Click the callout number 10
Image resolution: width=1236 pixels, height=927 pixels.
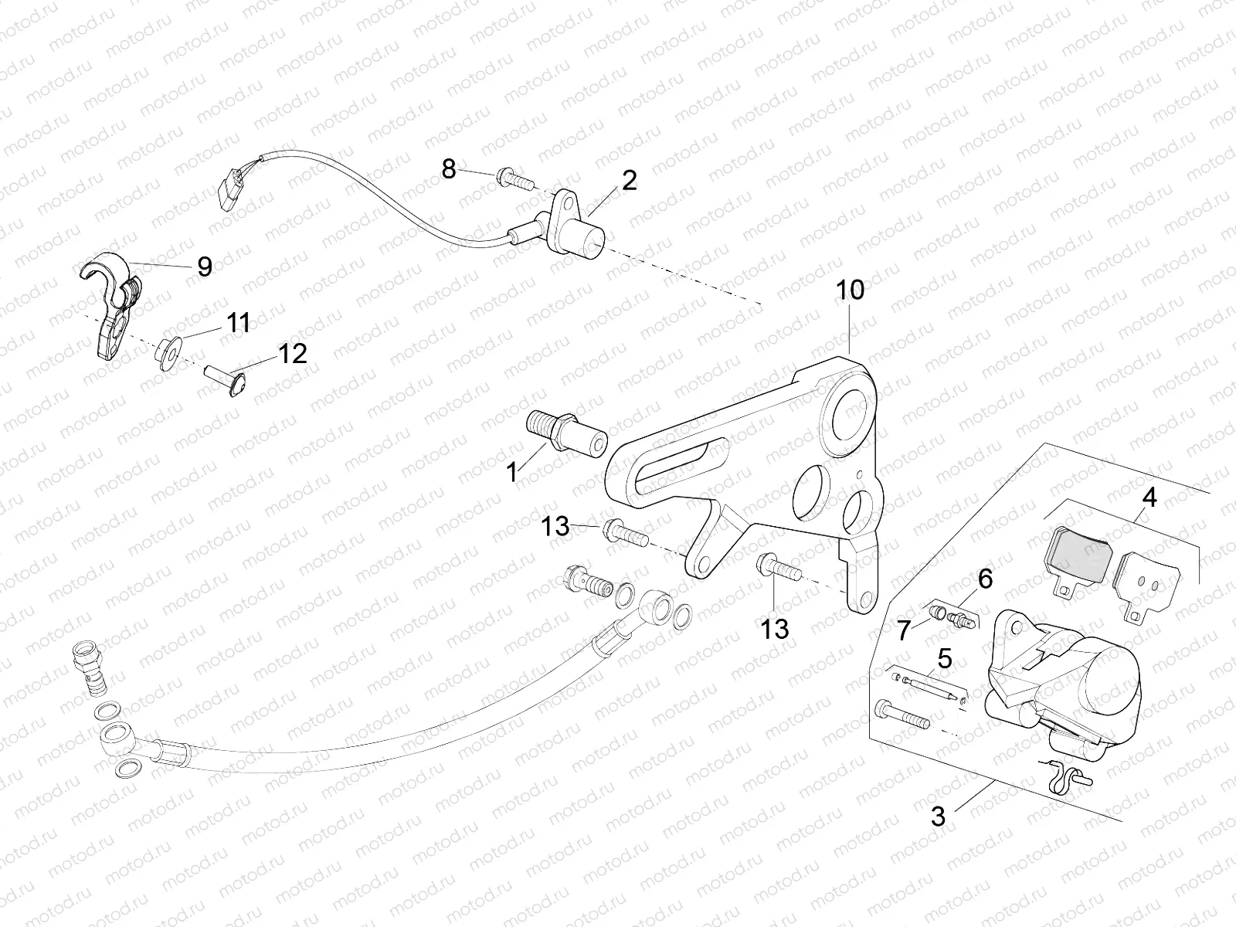pos(849,290)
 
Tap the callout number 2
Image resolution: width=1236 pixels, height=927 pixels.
pos(629,180)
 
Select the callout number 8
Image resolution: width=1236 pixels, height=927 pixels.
pos(449,168)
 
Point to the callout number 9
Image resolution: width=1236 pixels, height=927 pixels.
pos(204,267)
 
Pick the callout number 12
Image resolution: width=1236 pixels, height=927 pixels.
pos(293,353)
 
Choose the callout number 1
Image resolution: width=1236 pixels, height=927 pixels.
pos(511,471)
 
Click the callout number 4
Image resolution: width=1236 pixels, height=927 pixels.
pos(1149,498)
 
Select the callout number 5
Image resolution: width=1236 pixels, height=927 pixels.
pos(944,658)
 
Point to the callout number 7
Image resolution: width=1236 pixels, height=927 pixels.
pos(904,630)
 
